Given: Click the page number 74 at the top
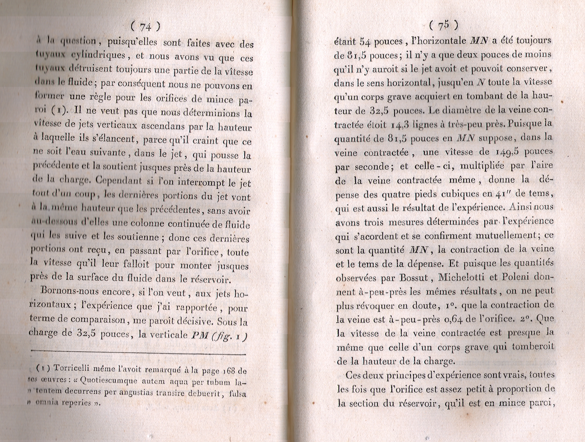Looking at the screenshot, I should [146, 27].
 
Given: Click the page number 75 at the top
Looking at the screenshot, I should [443, 25].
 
